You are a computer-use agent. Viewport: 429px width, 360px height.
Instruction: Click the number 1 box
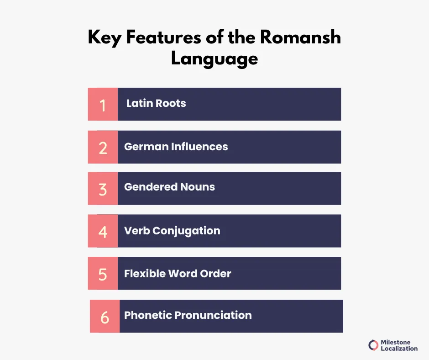pos(103,104)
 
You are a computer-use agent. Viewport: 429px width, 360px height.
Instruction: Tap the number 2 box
pos(103,147)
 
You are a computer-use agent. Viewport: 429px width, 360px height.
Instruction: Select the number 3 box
pos(103,188)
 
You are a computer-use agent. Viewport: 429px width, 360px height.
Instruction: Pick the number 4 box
pos(103,231)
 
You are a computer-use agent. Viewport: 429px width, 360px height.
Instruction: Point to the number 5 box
pos(103,273)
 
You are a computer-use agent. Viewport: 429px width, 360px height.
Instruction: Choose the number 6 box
pos(105,316)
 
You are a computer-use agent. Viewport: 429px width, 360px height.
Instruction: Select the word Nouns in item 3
pos(197,187)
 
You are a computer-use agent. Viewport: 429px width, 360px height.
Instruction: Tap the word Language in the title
pos(214,59)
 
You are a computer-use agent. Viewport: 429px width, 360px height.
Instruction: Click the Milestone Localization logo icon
pos(373,345)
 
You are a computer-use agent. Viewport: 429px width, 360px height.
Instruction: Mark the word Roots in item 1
pos(171,103)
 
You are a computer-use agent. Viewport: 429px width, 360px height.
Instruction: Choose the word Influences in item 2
pos(199,147)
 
